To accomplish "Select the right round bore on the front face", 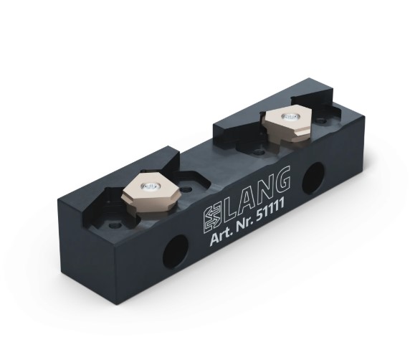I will tap(313, 176).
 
